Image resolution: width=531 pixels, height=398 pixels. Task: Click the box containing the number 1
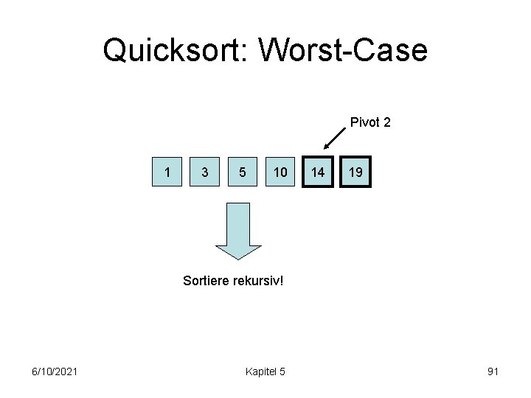point(169,172)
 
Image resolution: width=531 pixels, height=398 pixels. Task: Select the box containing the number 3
point(204,172)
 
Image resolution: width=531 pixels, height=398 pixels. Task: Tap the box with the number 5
point(243,172)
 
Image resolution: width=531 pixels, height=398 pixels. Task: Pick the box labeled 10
point(280,172)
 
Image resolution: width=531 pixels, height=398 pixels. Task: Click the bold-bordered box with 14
point(318,172)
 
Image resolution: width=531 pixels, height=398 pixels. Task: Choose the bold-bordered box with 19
point(355,172)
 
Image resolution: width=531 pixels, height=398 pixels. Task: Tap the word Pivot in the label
point(364,122)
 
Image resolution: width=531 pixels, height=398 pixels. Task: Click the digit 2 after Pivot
point(386,122)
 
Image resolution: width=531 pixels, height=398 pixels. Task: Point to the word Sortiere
point(207,281)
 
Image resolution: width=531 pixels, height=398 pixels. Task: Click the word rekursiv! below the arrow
point(260,281)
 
